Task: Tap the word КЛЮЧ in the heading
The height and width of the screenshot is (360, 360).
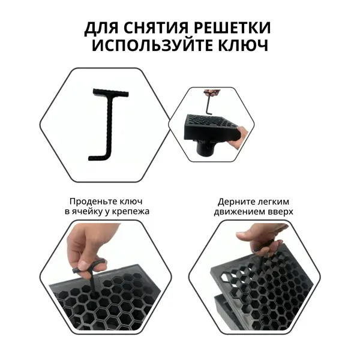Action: [x=243, y=45]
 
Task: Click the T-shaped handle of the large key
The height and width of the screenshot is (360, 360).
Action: [x=111, y=92]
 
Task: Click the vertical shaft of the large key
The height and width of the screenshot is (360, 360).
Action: [x=110, y=125]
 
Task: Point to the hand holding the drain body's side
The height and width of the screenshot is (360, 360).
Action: [x=239, y=136]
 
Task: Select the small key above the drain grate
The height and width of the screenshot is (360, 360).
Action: [x=208, y=103]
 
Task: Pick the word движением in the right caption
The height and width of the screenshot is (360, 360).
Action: [x=239, y=212]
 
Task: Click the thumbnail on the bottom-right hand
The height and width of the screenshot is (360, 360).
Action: [x=241, y=235]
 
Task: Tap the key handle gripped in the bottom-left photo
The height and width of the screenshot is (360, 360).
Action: [x=88, y=267]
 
